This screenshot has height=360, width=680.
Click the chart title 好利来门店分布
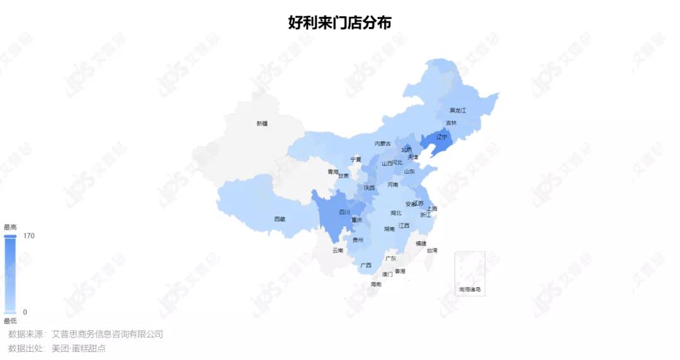pyautogui.click(x=340, y=23)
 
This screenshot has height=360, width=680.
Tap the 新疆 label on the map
pyautogui.click(x=262, y=123)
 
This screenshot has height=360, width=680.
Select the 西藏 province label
pyautogui.click(x=280, y=219)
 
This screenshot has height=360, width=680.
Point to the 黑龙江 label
pyautogui.click(x=458, y=110)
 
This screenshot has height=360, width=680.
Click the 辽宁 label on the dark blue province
pyautogui.click(x=441, y=137)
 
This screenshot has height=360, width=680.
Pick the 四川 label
pyautogui.click(x=344, y=212)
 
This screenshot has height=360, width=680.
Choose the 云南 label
pyautogui.click(x=338, y=250)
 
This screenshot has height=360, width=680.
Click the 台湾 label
pyautogui.click(x=432, y=250)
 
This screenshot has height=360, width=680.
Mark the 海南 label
pyautogui.click(x=376, y=284)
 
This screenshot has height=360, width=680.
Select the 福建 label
pyautogui.click(x=421, y=243)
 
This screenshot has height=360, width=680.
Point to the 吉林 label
pyautogui.click(x=451, y=123)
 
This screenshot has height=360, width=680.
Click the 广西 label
pyautogui.click(x=366, y=265)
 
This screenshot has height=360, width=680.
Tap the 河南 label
pyautogui.click(x=393, y=184)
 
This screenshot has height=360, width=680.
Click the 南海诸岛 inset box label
pyautogui.click(x=470, y=290)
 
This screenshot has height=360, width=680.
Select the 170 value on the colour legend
pyautogui.click(x=29, y=236)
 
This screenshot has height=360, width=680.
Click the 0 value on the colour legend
pyautogui.click(x=25, y=312)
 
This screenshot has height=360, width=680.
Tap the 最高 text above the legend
pyautogui.click(x=10, y=227)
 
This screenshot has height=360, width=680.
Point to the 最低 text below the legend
pyautogui.click(x=10, y=321)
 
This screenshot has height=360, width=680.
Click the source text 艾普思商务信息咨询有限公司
pyautogui.click(x=107, y=334)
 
